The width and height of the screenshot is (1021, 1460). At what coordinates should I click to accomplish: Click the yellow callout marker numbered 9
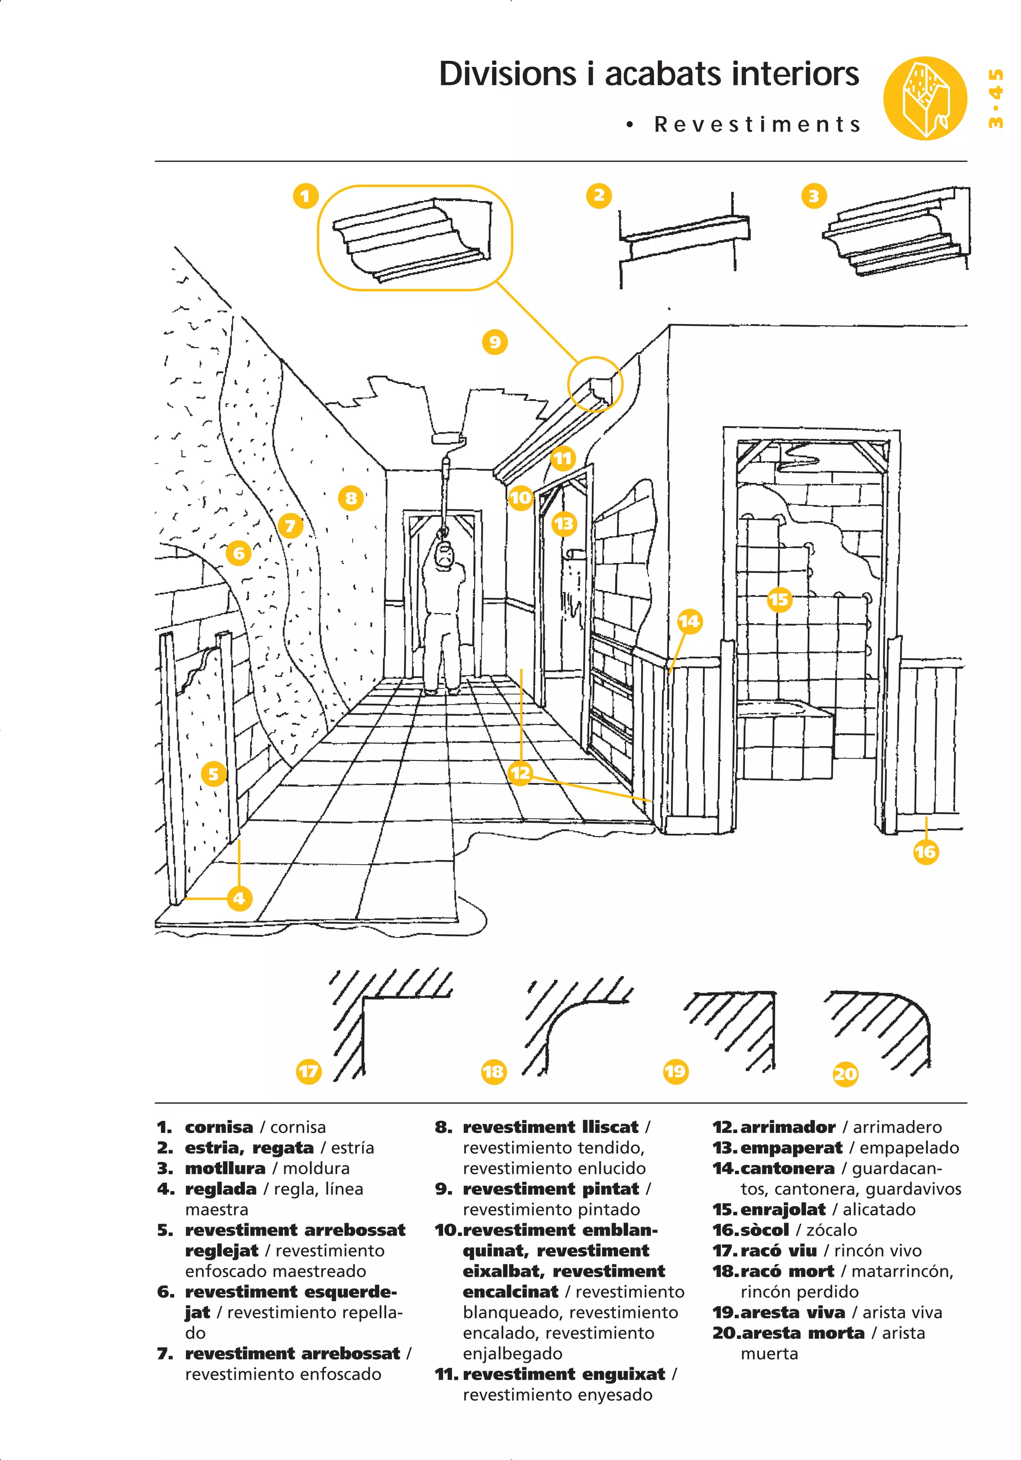pos(495,342)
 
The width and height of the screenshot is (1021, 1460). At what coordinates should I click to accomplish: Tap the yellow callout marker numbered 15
pos(779,599)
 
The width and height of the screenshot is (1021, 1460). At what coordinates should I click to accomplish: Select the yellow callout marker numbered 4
pos(239,898)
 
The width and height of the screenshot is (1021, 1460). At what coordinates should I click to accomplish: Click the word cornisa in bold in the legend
pos(219,1127)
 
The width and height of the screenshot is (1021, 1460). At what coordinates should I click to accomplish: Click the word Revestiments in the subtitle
pos(757,124)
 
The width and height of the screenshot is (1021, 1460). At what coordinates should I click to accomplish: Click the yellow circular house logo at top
pos(924,99)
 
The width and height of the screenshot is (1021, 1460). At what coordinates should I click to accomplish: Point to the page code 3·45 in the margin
pos(996,99)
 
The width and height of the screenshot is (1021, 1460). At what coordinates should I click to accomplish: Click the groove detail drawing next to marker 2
pos(684,238)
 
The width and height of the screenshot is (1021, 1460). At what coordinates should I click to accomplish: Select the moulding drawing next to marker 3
pos(896,232)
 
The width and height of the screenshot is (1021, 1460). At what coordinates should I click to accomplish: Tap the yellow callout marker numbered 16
pos(926,852)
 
